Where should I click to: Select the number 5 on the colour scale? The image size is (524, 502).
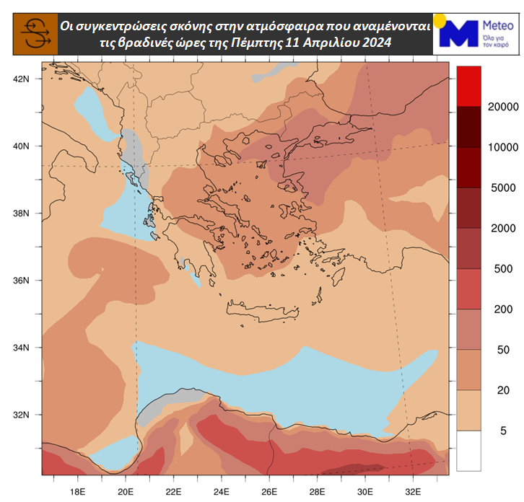(x=484, y=431)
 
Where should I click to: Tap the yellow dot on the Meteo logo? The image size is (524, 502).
(x=440, y=19)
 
